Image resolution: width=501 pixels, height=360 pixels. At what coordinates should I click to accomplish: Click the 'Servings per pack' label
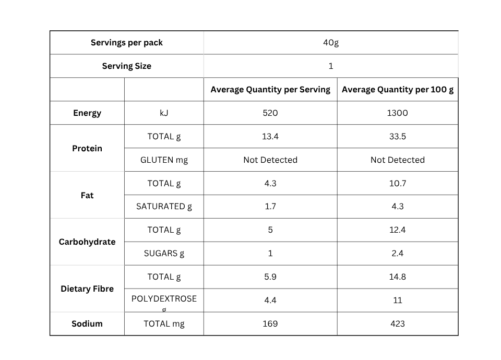tap(126, 42)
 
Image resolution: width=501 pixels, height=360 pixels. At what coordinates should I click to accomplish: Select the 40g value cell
tap(331, 42)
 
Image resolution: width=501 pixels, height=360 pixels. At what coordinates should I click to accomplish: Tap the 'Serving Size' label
tap(126, 66)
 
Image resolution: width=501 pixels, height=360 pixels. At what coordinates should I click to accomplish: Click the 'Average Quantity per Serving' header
tap(270, 89)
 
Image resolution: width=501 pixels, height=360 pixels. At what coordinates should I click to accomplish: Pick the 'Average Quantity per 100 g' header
tap(398, 89)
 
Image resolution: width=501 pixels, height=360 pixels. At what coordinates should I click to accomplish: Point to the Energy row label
tap(87, 113)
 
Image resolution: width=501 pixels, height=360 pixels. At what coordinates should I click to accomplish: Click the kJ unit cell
tap(164, 113)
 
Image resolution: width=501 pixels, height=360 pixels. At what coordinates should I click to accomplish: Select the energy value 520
tap(270, 113)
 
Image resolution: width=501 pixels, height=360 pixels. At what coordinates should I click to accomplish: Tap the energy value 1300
tap(398, 113)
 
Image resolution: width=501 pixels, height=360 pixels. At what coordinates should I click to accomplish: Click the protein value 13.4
tap(270, 136)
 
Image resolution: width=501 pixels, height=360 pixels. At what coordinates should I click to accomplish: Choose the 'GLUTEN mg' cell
tap(164, 160)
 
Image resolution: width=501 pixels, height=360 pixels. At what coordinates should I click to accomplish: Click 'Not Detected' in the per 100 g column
tap(398, 160)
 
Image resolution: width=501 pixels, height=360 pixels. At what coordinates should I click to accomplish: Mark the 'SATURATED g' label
tap(164, 207)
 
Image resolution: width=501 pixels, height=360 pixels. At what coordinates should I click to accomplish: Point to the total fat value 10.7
tap(398, 183)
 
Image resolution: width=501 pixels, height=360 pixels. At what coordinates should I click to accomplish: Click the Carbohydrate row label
tap(87, 242)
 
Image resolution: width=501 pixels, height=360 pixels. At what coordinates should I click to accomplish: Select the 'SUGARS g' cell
tap(164, 254)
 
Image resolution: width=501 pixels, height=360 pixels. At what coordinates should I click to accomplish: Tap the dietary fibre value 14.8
tap(398, 277)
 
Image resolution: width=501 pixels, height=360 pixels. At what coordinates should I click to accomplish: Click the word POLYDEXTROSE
tap(164, 298)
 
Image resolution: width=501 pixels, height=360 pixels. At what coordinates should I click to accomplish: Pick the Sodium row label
tap(87, 323)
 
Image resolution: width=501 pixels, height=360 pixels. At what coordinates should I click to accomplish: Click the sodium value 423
tap(398, 323)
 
